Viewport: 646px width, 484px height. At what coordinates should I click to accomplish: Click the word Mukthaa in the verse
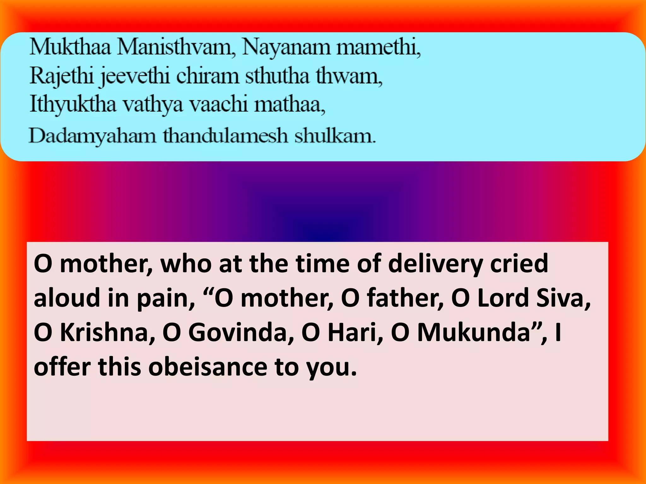pyautogui.click(x=70, y=48)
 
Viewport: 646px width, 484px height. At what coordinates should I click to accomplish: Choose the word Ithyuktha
pyautogui.click(x=73, y=104)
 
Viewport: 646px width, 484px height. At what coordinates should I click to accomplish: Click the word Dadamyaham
pyautogui.click(x=92, y=136)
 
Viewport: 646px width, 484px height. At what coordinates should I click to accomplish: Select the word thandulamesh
pyautogui.click(x=225, y=136)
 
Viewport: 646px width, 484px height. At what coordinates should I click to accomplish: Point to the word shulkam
pyautogui.click(x=335, y=136)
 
